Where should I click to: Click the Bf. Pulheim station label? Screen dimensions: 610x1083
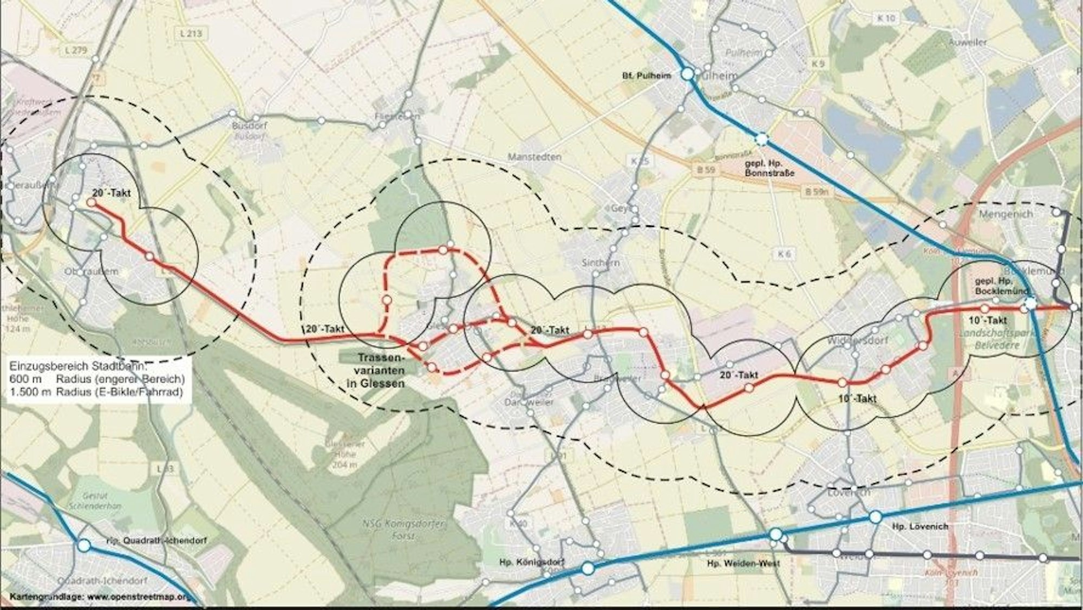tap(646, 76)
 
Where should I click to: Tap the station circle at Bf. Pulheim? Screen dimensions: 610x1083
tap(687, 74)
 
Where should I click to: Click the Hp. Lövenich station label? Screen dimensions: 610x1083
tap(920, 526)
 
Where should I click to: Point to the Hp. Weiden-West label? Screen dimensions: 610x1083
tap(743, 563)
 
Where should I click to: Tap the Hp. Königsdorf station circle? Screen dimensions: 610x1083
tap(588, 568)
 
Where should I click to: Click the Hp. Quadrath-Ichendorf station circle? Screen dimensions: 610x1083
tap(84, 545)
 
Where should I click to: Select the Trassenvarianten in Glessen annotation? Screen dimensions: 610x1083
tap(381, 371)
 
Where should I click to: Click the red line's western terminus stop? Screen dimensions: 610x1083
tap(92, 202)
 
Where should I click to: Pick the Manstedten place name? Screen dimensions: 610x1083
tap(534, 157)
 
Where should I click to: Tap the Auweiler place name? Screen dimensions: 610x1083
tap(967, 42)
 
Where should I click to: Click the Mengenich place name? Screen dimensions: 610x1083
tap(1006, 214)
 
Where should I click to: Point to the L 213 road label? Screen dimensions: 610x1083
tap(190, 34)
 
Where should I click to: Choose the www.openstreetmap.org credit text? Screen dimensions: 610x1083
tap(138, 597)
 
